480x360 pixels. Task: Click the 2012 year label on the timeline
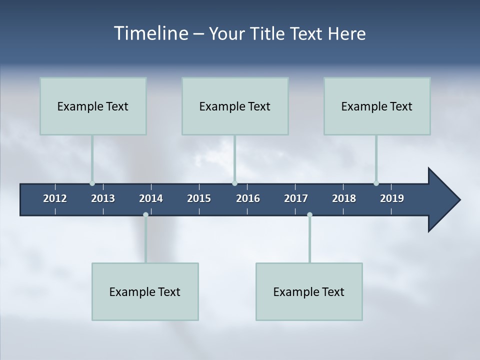[x=55, y=198]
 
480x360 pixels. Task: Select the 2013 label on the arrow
[x=103, y=198]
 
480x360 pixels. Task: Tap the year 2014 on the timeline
[x=151, y=198]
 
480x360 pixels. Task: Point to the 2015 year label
[x=199, y=198]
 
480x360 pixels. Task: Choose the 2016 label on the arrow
[x=248, y=198]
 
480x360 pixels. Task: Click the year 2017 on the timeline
[x=296, y=198]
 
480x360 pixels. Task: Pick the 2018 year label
[x=344, y=198]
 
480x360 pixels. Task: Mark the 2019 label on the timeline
[x=392, y=198]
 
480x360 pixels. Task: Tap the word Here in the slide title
[x=346, y=33]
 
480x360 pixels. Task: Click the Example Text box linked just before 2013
[x=93, y=106]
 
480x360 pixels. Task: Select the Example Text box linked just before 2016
[x=235, y=106]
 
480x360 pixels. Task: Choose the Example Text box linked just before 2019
[x=377, y=106]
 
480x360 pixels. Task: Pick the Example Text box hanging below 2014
[x=145, y=291]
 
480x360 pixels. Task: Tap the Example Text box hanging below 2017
[x=309, y=291]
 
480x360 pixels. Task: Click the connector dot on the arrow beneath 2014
[x=145, y=214]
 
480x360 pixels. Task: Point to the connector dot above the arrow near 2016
[x=234, y=183]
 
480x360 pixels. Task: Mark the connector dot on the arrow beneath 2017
[x=309, y=214]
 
